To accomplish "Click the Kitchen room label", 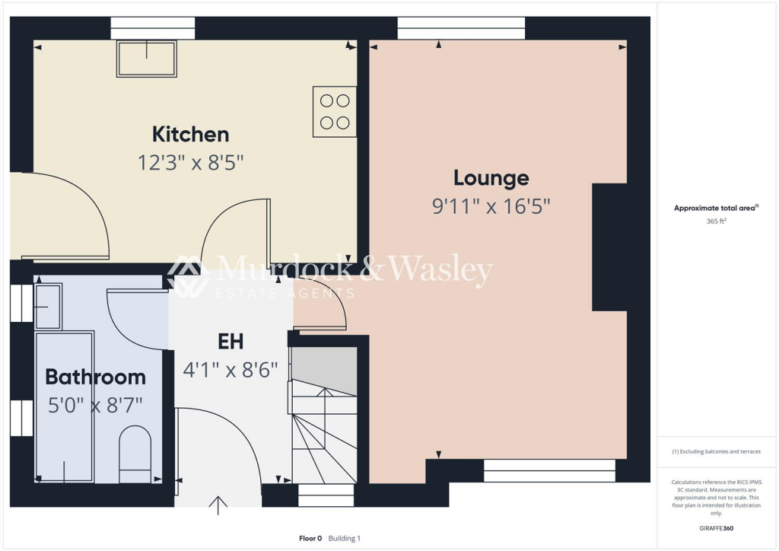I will [190, 135].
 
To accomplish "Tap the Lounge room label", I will [491, 178].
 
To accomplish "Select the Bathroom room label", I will [95, 377].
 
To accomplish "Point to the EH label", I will [231, 342].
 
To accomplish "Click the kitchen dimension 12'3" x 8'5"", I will [190, 163].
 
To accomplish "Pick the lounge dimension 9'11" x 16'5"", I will [491, 206].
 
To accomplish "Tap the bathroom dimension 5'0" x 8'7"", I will [95, 405].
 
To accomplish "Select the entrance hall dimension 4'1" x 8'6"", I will [231, 371].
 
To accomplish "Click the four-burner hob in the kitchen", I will [335, 111].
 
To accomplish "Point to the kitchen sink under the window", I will [146, 59].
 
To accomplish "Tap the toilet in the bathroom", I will [135, 454].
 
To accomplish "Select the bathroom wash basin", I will [47, 307].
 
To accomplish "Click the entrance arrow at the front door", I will [218, 505].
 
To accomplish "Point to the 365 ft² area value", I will [715, 221].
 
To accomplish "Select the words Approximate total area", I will [714, 208].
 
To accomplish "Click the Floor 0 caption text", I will [310, 538].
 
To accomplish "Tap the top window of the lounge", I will [461, 32].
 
